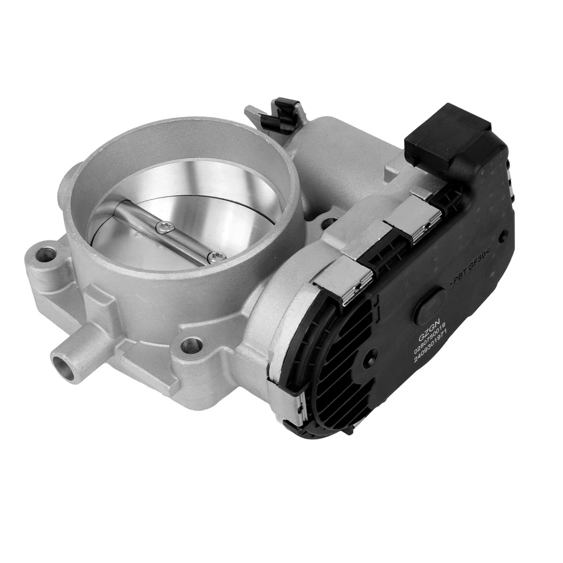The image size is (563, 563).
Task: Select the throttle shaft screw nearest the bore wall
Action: coord(216,256)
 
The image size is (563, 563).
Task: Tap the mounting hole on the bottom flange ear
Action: coord(191,345)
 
